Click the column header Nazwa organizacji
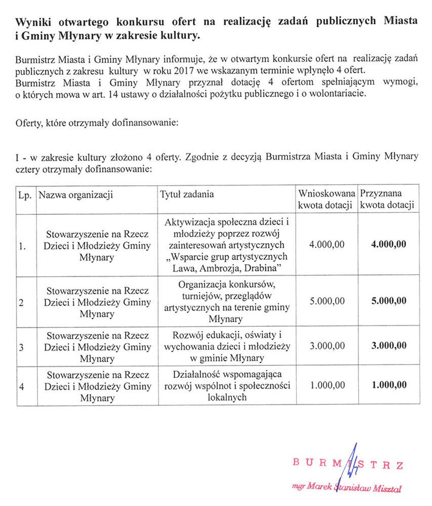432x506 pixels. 76,195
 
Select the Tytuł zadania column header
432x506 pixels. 187,194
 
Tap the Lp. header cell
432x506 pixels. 25,196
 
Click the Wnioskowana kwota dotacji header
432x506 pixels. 326,199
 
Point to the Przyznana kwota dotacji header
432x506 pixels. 387,199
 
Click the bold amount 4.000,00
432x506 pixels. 388,244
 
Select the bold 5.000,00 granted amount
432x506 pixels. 389,301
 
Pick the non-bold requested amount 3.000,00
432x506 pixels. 327,346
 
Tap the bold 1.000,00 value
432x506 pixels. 389,385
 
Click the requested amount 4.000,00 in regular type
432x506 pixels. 327,244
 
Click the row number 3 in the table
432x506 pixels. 21,347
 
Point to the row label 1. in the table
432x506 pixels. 22,246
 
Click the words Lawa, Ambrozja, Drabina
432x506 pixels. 226,268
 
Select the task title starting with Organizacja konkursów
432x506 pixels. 227,301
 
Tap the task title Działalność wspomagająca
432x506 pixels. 227,385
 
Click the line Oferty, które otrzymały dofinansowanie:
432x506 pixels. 97,123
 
